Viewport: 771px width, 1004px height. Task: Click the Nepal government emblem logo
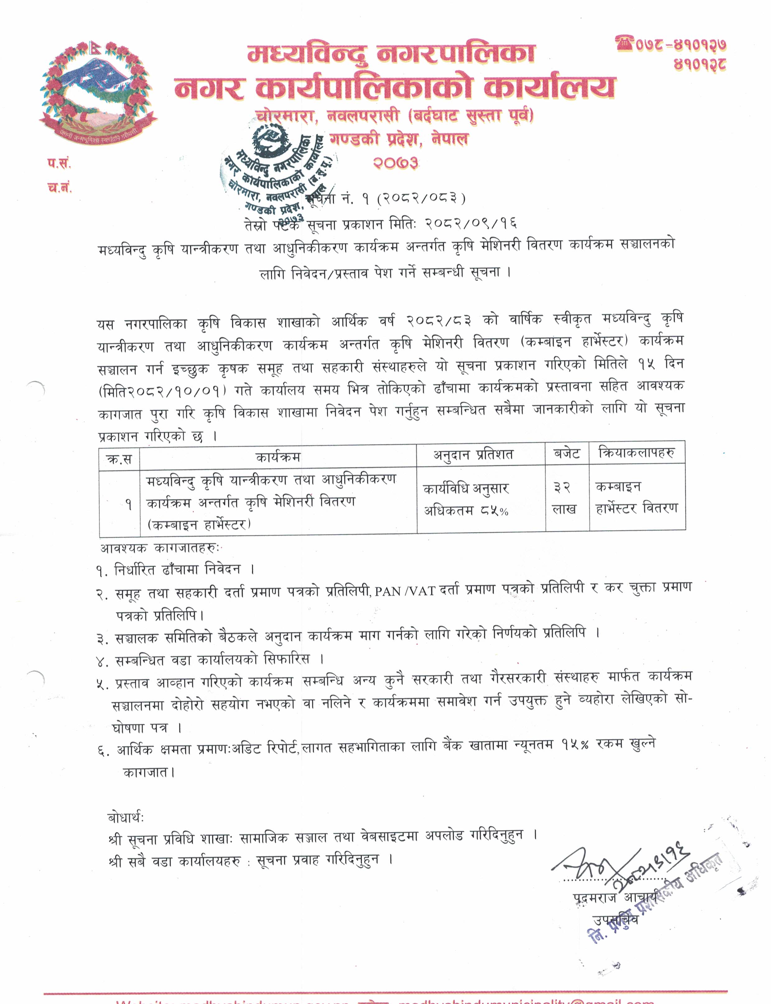click(97, 90)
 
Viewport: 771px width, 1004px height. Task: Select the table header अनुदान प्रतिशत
click(473, 455)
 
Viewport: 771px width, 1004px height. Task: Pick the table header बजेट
click(567, 453)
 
